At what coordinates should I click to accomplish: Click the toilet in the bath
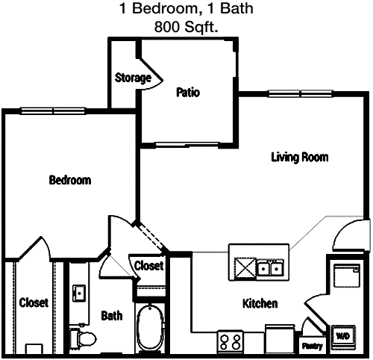[x=83, y=338]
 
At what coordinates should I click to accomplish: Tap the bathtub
[x=150, y=329]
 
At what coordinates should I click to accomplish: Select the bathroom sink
[x=79, y=293]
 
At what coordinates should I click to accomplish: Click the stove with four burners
[x=231, y=341]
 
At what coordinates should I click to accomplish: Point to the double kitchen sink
[x=270, y=268]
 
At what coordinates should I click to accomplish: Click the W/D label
[x=343, y=336]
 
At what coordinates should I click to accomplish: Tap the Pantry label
[x=312, y=346]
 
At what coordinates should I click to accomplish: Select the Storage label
[x=133, y=78]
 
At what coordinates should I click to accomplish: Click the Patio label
[x=188, y=93]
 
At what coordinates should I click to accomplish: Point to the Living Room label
[x=300, y=158]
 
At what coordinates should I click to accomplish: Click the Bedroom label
[x=70, y=180]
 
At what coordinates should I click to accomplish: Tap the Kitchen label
[x=260, y=303]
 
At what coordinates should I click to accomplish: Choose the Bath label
[x=112, y=316]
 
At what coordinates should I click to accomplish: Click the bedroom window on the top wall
[x=53, y=111]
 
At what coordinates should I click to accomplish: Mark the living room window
[x=300, y=93]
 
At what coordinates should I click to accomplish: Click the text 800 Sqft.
[x=186, y=27]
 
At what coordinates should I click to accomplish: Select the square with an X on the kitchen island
[x=245, y=268]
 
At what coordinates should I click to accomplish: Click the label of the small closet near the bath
[x=148, y=266]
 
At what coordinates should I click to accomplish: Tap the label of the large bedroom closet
[x=34, y=302]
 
